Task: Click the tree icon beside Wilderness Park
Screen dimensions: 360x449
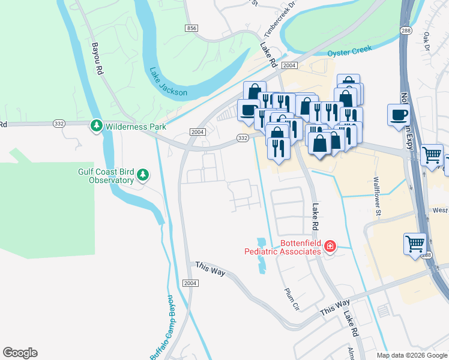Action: tap(96, 126)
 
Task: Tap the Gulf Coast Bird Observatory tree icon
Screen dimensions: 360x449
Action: tap(142, 175)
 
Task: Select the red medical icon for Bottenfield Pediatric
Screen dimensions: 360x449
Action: tap(330, 246)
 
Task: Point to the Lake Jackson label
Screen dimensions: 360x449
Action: tap(169, 82)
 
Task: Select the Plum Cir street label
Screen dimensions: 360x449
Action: tap(292, 298)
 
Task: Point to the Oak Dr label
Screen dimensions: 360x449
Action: tap(427, 41)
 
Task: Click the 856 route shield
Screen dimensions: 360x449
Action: tap(191, 28)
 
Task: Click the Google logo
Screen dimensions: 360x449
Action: tap(20, 352)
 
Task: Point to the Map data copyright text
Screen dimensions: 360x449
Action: tap(411, 355)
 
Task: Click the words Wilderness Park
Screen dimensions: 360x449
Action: tap(127, 127)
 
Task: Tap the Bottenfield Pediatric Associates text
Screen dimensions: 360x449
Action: tap(283, 247)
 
